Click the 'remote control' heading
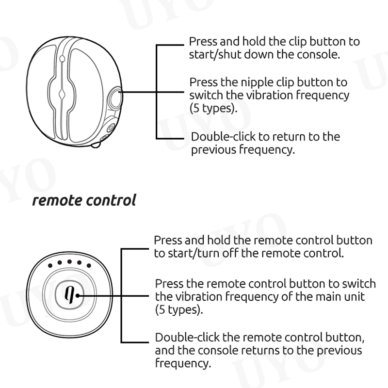click(84, 200)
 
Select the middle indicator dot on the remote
click(68, 262)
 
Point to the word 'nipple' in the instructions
click(249, 82)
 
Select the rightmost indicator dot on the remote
click(88, 266)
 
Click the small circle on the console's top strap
click(62, 59)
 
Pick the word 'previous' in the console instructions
click(213, 149)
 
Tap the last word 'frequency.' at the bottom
click(183, 363)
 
